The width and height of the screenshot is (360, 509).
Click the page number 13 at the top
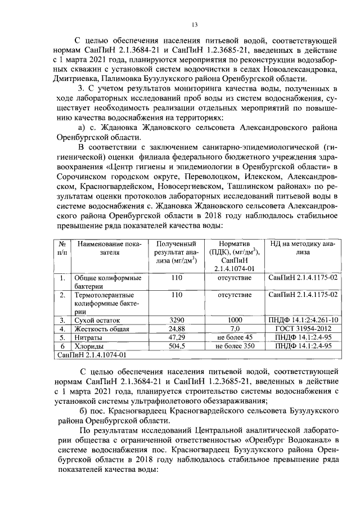[x=195, y=24]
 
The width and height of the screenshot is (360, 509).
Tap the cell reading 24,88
[x=177, y=328]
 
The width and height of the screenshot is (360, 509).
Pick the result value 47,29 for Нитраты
[x=177, y=337]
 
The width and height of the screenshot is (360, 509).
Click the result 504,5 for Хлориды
[x=177, y=346]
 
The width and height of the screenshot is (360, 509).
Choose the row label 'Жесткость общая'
[x=100, y=328]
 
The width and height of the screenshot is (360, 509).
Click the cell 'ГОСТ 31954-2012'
[x=303, y=328]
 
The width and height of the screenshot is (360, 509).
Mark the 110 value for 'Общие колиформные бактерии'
[x=177, y=278]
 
